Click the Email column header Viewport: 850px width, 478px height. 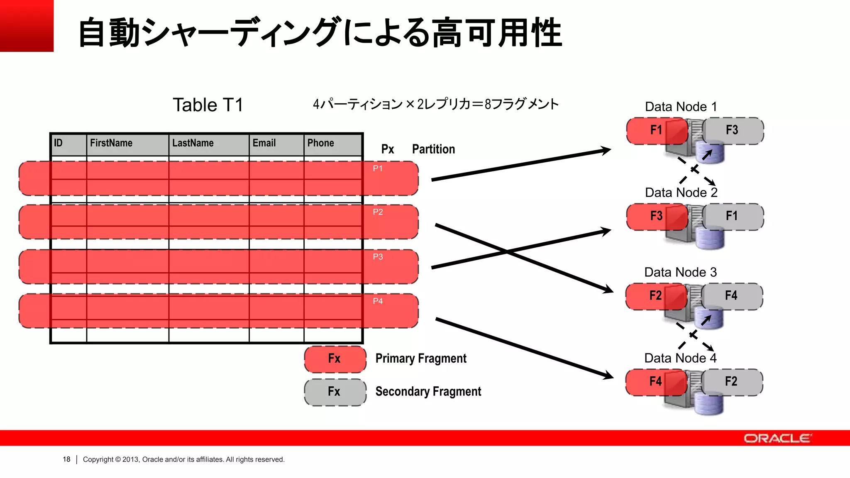[x=264, y=143]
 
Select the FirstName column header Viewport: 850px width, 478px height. [x=111, y=143]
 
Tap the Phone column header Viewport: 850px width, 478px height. [x=320, y=143]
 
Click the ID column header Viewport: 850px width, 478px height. [x=59, y=143]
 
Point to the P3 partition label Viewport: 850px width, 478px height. [x=378, y=257]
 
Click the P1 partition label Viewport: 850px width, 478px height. [x=378, y=168]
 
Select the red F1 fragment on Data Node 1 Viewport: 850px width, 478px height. [x=656, y=130]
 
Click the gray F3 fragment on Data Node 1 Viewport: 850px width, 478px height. [x=732, y=130]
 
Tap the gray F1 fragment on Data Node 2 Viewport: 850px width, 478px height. [x=732, y=216]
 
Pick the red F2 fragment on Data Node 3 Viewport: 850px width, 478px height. [x=655, y=296]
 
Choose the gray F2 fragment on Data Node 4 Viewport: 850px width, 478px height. [x=731, y=382]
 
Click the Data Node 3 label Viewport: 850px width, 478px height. [x=680, y=272]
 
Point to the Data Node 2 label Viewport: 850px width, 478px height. [x=681, y=193]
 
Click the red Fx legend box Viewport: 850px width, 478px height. [x=335, y=359]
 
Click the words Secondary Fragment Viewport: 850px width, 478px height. [x=428, y=392]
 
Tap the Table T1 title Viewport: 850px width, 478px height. [x=208, y=105]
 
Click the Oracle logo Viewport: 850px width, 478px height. [x=777, y=439]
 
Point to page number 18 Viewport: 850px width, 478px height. [x=66, y=459]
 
